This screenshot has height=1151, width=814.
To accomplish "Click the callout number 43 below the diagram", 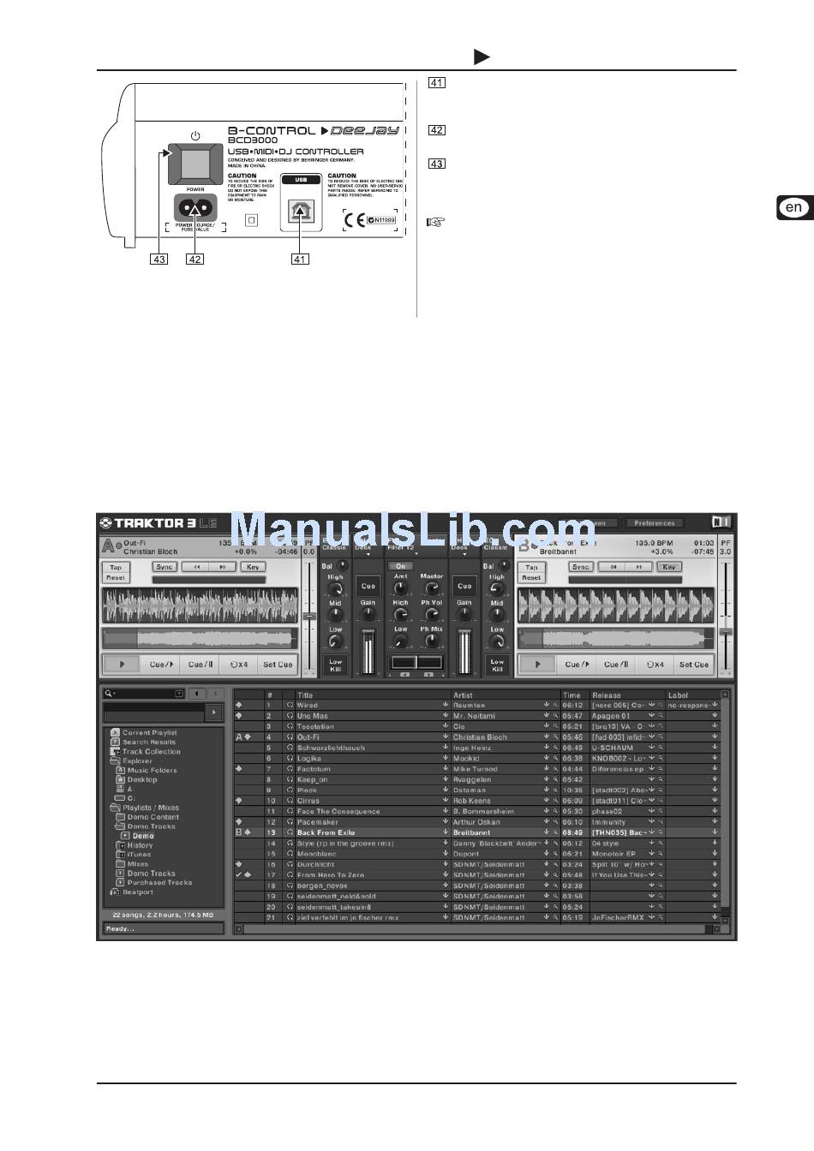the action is pyautogui.click(x=159, y=259).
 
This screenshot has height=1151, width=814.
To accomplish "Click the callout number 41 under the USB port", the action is pyautogui.click(x=300, y=259).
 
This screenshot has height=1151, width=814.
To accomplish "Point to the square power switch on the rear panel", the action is pyautogui.click(x=195, y=164).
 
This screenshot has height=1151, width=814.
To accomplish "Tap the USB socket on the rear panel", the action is pyautogui.click(x=300, y=211).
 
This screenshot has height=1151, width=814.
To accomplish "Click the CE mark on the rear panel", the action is pyautogui.click(x=354, y=220).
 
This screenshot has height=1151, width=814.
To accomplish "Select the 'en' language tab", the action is pyautogui.click(x=794, y=207).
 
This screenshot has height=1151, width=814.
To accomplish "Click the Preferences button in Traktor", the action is pyautogui.click(x=655, y=522).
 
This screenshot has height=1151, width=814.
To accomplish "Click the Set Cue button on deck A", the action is pyautogui.click(x=278, y=665).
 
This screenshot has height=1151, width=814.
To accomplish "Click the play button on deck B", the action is pyautogui.click(x=537, y=665).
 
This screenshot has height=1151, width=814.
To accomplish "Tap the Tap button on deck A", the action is pyautogui.click(x=116, y=567).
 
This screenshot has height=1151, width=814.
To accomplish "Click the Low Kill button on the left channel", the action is pyautogui.click(x=335, y=665).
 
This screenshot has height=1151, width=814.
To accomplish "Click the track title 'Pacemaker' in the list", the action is pyautogui.click(x=318, y=822).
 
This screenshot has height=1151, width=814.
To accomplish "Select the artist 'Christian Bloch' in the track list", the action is pyautogui.click(x=480, y=737).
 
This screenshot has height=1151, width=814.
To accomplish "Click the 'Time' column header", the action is pyautogui.click(x=572, y=695).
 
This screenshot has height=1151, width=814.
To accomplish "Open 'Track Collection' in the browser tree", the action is pyautogui.click(x=151, y=752).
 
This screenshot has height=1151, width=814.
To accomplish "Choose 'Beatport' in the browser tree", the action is pyautogui.click(x=137, y=892).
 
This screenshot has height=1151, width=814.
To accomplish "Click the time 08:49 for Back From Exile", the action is pyautogui.click(x=572, y=832).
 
